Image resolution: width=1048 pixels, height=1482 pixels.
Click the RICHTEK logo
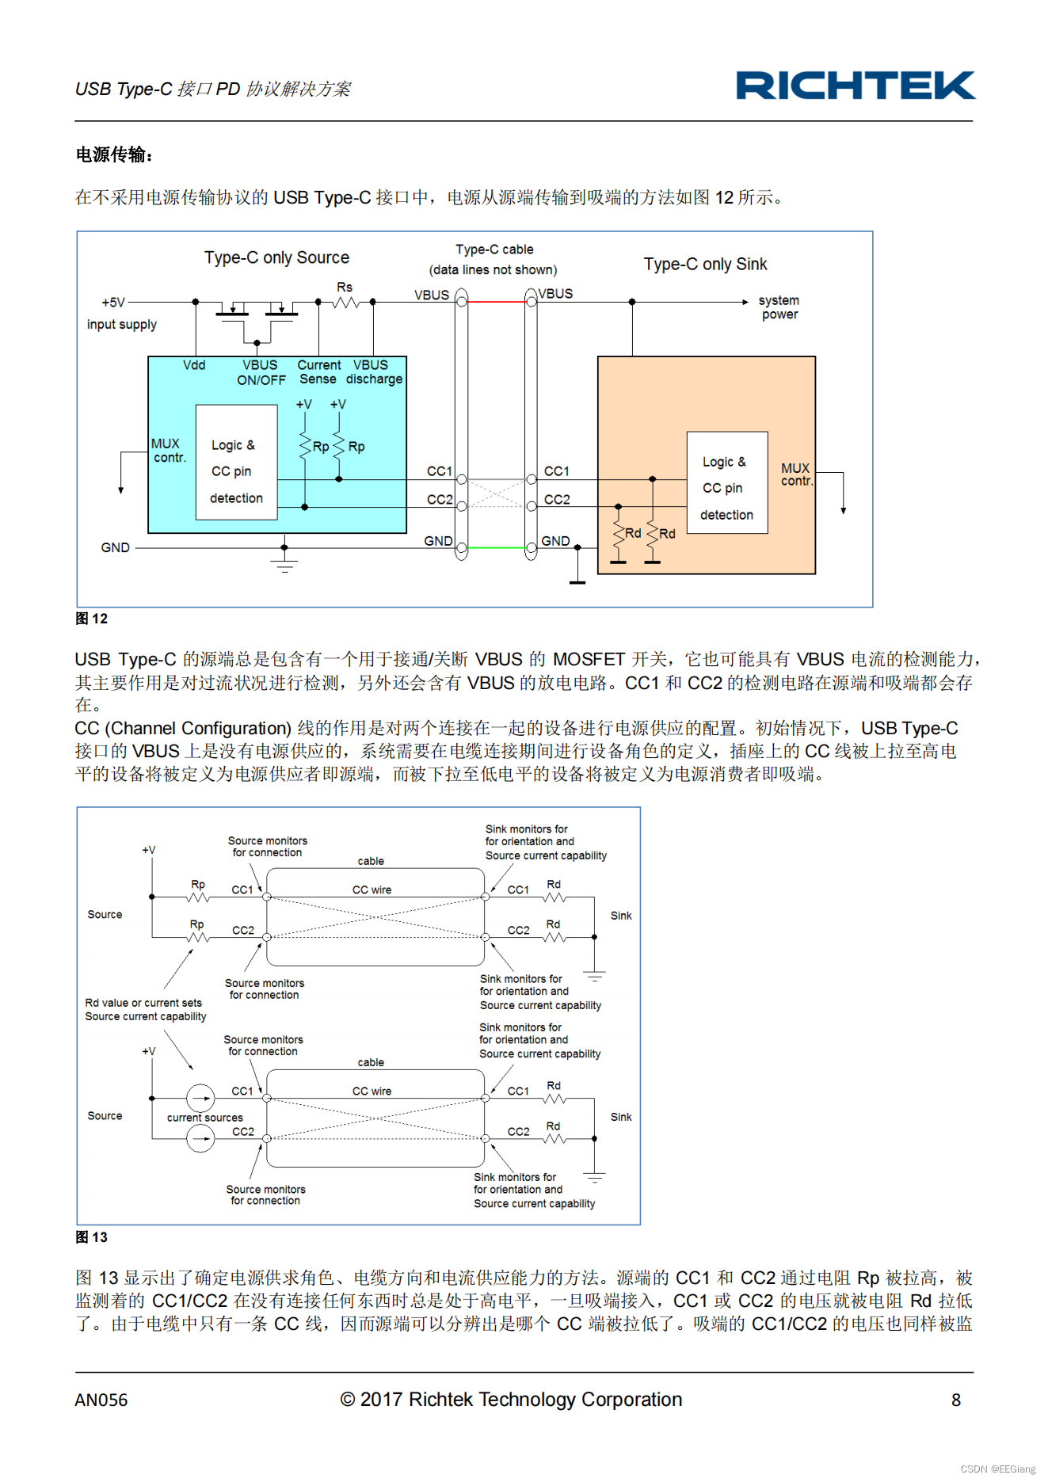[x=855, y=86]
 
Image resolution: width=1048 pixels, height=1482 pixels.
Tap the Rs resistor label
[x=345, y=287]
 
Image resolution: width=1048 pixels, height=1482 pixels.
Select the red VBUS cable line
[x=497, y=302]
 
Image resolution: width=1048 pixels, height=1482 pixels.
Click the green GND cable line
[x=497, y=547]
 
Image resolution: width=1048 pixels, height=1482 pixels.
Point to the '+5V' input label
[x=113, y=303]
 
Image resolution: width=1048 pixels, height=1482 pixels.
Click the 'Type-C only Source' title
[x=276, y=257]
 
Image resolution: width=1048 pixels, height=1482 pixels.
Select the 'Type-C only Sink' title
[x=705, y=264]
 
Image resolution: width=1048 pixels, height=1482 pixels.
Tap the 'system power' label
[x=779, y=307]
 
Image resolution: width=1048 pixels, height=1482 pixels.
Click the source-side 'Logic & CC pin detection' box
[x=236, y=463]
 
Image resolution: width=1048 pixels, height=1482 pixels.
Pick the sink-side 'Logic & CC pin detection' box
[x=726, y=482]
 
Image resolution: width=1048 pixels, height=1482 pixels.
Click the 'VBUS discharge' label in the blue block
[x=373, y=372]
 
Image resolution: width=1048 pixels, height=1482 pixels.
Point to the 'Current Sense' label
[x=318, y=372]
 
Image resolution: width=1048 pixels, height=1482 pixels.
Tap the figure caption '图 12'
[x=92, y=619]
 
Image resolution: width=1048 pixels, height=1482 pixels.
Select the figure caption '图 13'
[x=92, y=1237]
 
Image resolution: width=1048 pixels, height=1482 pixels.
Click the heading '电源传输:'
[x=114, y=154]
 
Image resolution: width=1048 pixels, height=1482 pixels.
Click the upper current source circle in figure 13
[x=200, y=1099]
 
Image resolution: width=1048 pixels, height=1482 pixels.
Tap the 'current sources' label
[x=204, y=1118]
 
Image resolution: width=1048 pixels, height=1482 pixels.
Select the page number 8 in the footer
[x=955, y=1400]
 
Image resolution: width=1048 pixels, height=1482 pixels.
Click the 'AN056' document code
[x=101, y=1400]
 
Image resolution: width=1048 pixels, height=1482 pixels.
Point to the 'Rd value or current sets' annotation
[x=143, y=1003]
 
